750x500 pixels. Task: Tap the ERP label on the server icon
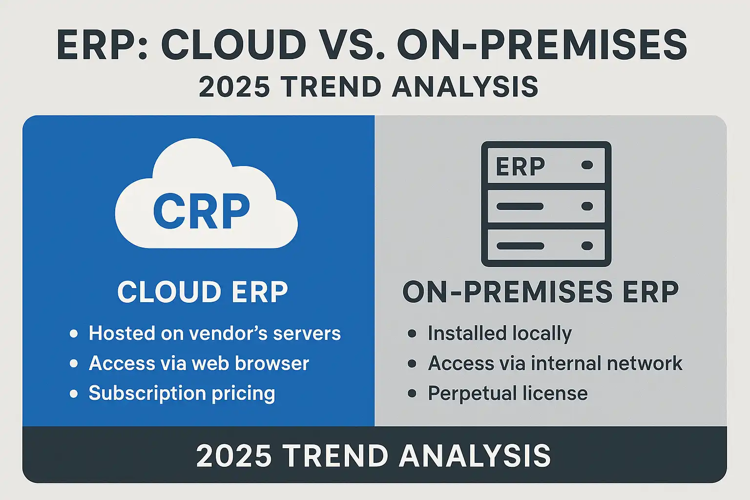[x=521, y=166]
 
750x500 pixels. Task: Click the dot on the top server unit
[x=587, y=165]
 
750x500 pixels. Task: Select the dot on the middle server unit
[x=587, y=206]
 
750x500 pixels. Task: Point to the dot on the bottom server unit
[x=587, y=246]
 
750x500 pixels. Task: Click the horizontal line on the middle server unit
[x=520, y=206]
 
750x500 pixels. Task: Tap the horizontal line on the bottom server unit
[x=521, y=246]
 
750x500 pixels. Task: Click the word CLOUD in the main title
[x=234, y=45]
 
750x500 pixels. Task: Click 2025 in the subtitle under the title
[x=234, y=87]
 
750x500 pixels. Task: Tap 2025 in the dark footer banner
[x=234, y=456]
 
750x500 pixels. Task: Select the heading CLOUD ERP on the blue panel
[x=203, y=292]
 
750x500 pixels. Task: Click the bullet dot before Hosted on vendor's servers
[x=74, y=333]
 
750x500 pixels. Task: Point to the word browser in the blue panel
[x=272, y=363]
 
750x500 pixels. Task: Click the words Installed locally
[x=500, y=334]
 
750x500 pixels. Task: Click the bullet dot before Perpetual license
[x=412, y=393]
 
